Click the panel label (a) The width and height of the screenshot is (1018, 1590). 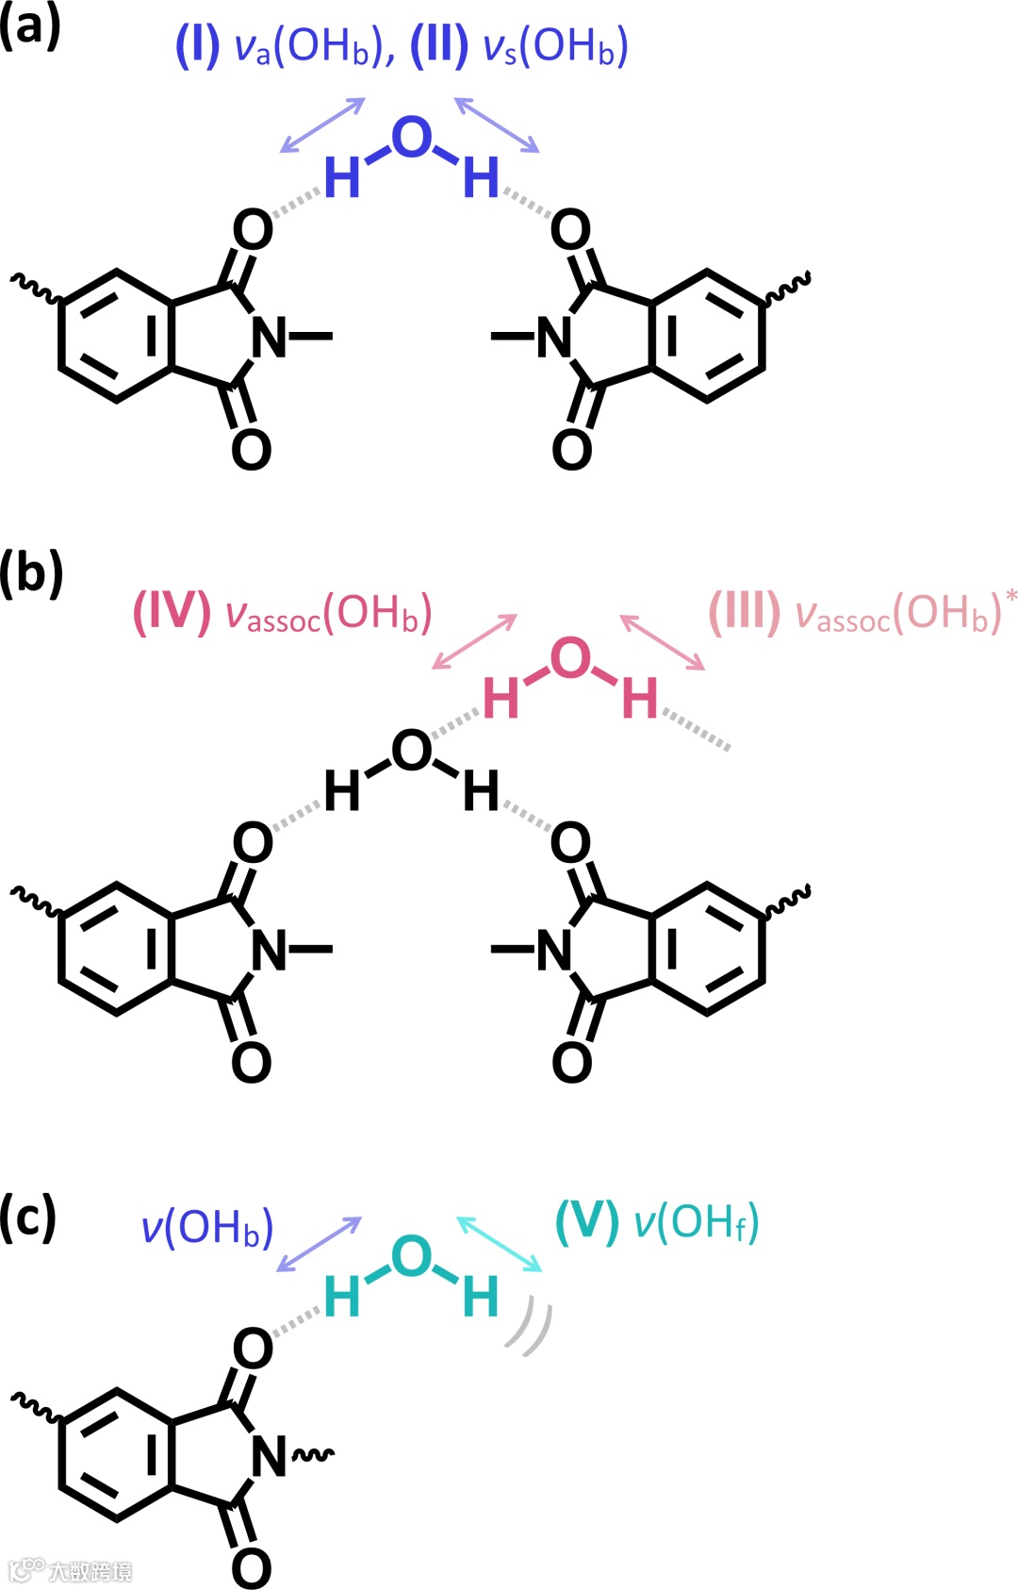tap(30, 27)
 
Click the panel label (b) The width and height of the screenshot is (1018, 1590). tap(30, 573)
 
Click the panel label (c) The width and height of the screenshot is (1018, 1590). tap(28, 1218)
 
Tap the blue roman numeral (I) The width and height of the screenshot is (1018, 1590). tap(197, 45)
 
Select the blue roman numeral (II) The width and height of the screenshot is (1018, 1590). tap(439, 45)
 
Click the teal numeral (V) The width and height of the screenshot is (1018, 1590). tap(587, 1223)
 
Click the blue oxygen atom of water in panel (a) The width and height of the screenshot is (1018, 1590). tap(412, 138)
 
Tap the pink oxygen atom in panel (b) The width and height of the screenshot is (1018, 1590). tap(570, 658)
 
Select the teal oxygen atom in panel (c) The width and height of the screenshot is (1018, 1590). tap(412, 1256)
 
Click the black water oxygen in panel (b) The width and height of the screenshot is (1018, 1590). tap(412, 751)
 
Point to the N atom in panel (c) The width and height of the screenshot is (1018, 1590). tap(270, 1456)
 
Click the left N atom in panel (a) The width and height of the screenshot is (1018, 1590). tap(270, 337)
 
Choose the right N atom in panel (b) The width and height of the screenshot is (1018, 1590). tap(554, 950)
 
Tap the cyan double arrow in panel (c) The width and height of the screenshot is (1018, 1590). tap(500, 1244)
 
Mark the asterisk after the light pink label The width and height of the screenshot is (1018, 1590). tap(1011, 596)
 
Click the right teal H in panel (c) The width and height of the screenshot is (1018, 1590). tap(481, 1298)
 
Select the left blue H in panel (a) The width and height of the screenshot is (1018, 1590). tap(342, 177)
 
